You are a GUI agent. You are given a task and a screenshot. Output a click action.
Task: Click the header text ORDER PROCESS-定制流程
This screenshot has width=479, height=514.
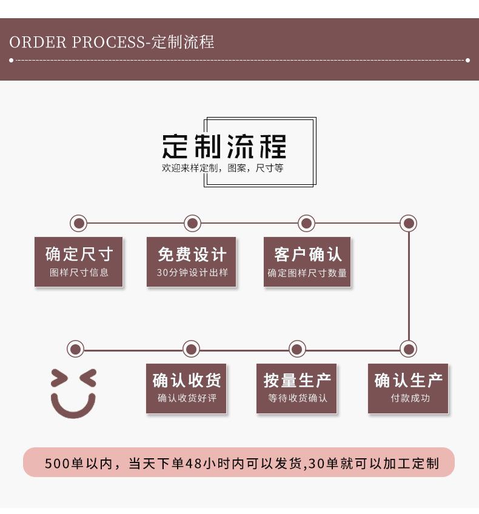[112, 42]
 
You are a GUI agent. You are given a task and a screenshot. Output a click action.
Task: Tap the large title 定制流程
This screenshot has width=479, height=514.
[224, 146]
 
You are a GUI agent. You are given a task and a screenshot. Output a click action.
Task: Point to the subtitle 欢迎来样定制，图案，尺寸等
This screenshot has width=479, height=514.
[223, 168]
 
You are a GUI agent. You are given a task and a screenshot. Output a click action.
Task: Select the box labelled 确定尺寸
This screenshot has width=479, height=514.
[79, 262]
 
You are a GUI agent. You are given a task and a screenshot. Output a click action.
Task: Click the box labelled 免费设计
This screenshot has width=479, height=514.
[192, 262]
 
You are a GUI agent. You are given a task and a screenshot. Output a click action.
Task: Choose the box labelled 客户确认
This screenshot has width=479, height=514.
[307, 262]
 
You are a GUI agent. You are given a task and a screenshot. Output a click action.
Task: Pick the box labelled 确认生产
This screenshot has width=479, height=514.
[408, 389]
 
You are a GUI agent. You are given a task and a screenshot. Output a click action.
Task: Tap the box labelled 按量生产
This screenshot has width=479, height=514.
[297, 389]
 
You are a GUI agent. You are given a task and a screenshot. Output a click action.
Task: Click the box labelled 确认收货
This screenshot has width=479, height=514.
[187, 389]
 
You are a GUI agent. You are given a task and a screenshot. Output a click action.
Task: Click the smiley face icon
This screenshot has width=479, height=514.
[73, 393]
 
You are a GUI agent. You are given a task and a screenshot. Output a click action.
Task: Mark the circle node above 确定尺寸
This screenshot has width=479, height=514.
[78, 223]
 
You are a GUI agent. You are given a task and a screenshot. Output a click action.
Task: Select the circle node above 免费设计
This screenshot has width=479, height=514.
[192, 223]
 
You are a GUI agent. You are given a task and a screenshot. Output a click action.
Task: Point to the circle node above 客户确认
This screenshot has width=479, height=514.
[306, 223]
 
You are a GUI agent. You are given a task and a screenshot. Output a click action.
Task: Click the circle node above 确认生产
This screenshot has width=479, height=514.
[409, 349]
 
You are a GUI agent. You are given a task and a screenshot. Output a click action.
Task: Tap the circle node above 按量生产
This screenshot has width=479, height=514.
[297, 349]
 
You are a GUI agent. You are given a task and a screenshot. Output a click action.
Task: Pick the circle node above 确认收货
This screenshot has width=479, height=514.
[191, 349]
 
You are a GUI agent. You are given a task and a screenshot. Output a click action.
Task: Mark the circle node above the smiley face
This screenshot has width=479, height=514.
[75, 349]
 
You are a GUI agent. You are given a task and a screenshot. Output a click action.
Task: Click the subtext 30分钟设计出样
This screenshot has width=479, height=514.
[192, 273]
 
